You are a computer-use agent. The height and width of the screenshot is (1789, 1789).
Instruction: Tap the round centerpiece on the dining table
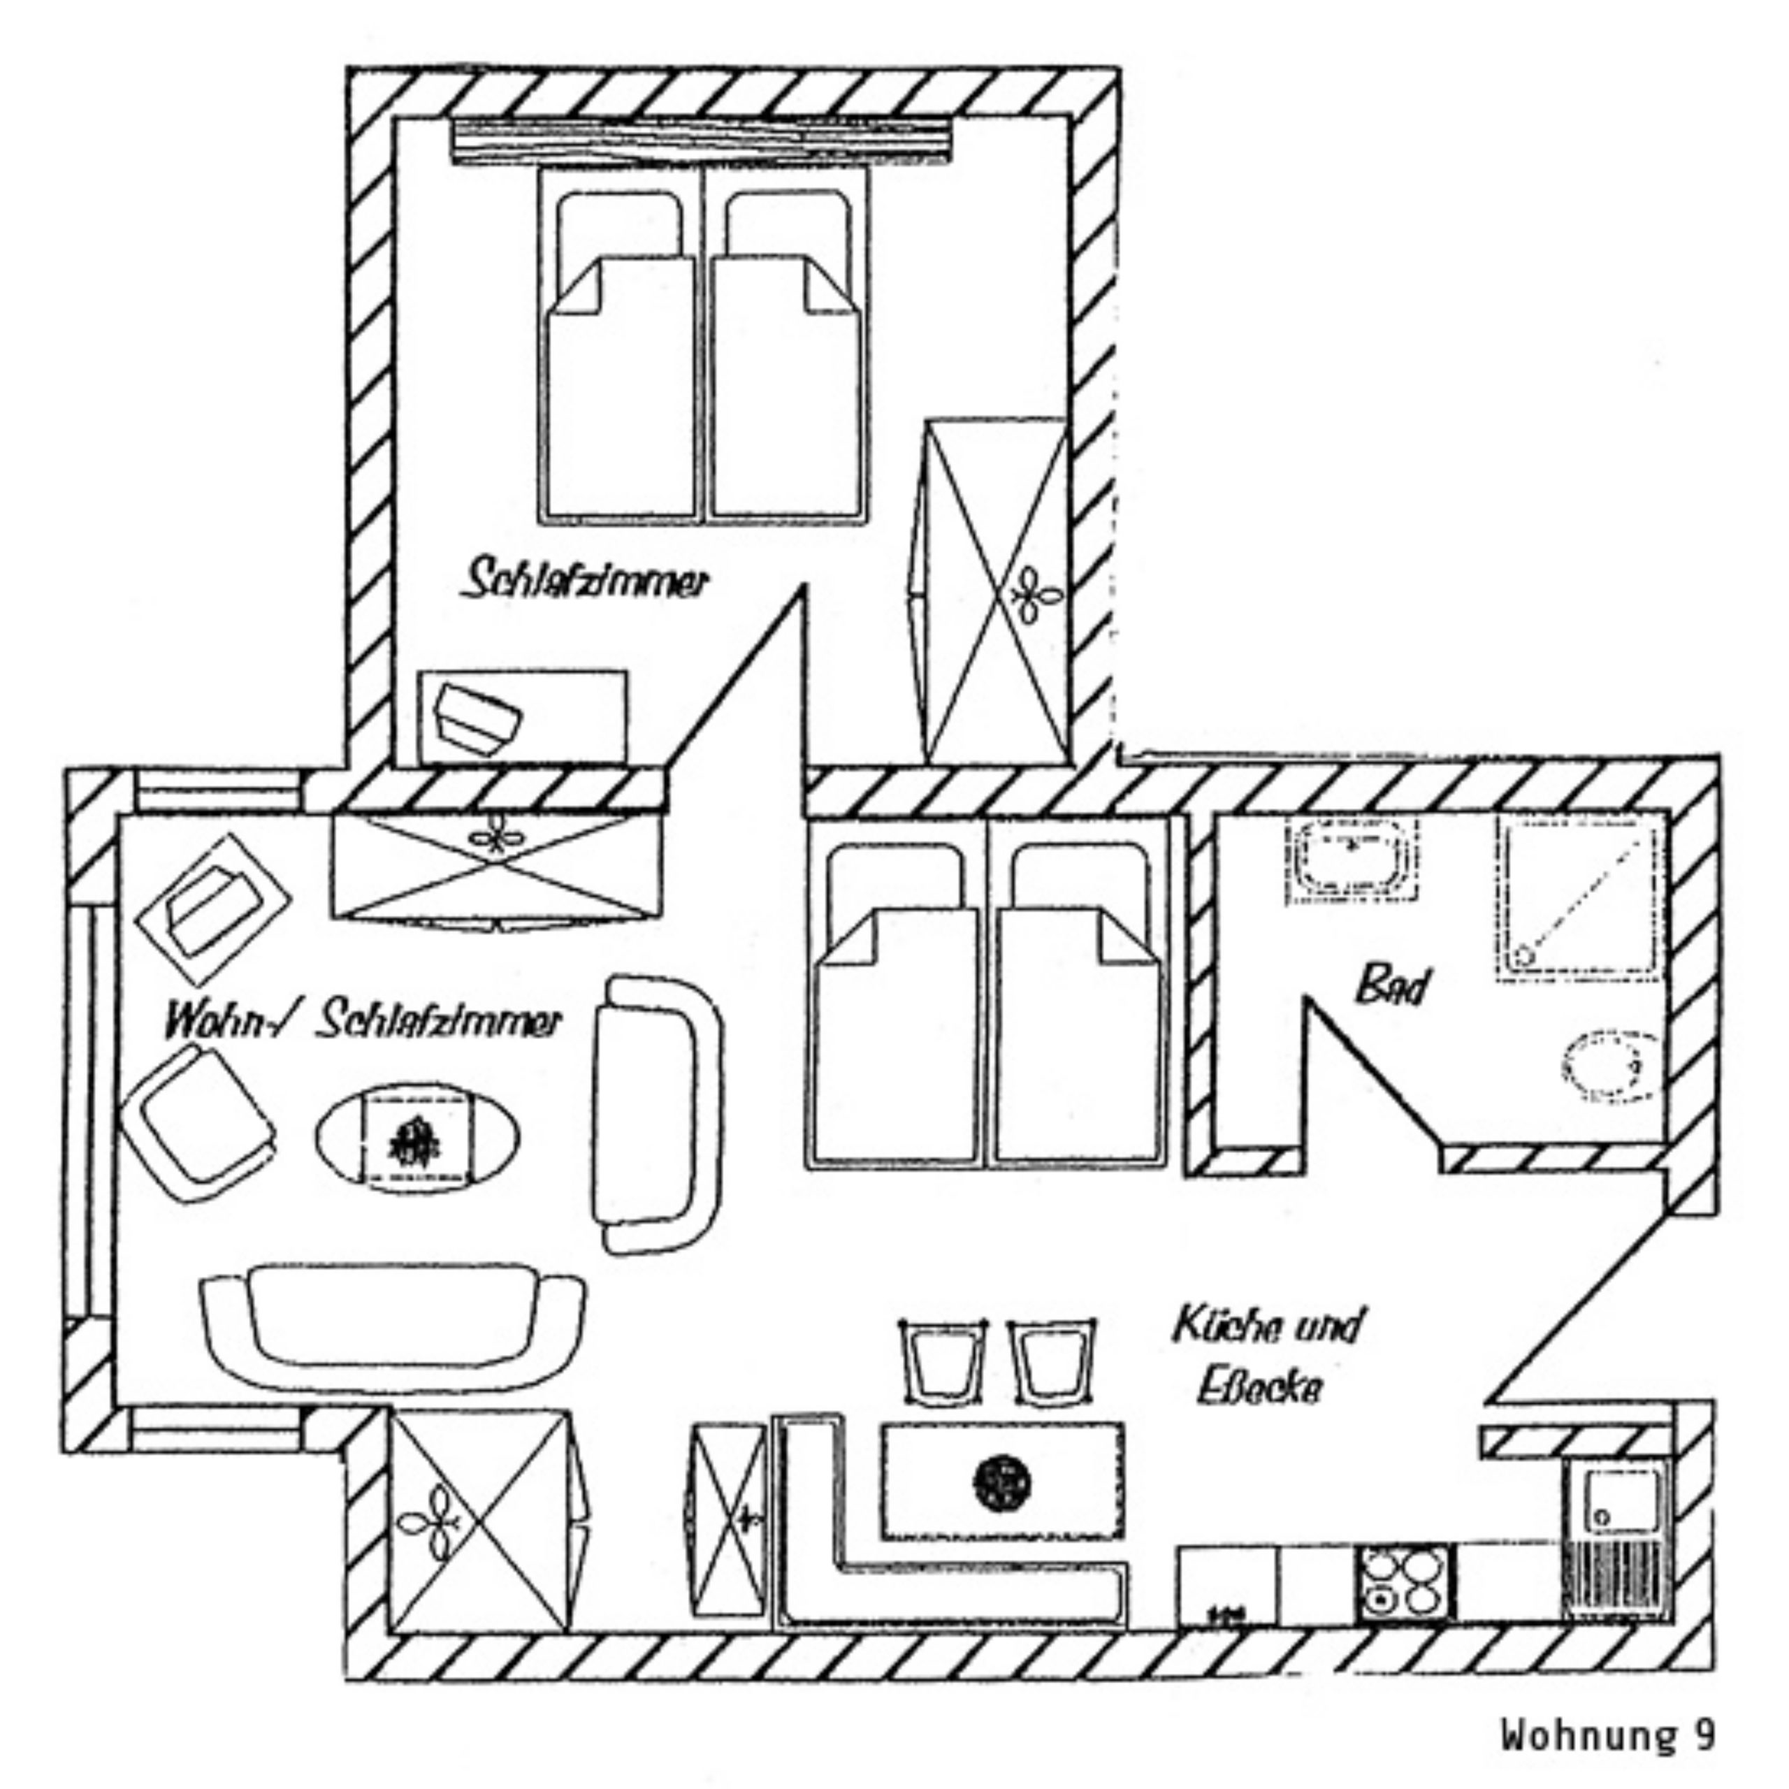point(1004,1482)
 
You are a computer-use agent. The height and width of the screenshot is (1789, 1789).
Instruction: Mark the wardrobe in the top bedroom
point(997,591)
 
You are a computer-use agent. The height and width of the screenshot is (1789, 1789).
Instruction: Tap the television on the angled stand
point(212,908)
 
